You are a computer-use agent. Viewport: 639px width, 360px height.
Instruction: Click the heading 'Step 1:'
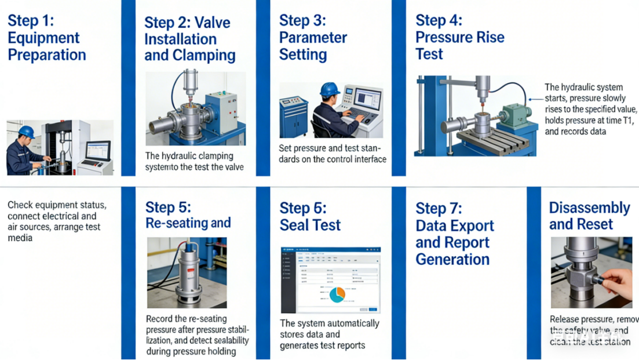[30, 21]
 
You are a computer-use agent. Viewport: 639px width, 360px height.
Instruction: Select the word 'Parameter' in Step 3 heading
[313, 38]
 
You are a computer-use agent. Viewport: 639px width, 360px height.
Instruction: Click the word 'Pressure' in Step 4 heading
[444, 38]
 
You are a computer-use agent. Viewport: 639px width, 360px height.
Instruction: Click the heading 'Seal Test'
[310, 225]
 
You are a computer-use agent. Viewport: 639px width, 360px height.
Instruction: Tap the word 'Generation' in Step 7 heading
[452, 259]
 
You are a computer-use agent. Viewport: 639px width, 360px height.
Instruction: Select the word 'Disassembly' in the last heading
[589, 208]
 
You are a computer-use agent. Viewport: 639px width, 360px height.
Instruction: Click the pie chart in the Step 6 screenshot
[337, 295]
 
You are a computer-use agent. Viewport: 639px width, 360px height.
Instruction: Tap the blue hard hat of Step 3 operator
[330, 89]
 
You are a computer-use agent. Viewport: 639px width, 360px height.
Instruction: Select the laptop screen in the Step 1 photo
[97, 151]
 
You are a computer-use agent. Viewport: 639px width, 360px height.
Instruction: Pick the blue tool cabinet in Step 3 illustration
[293, 116]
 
